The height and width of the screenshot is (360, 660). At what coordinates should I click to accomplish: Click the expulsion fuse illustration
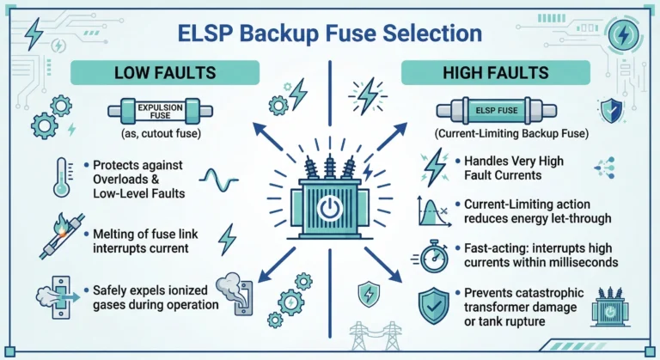(161, 113)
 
